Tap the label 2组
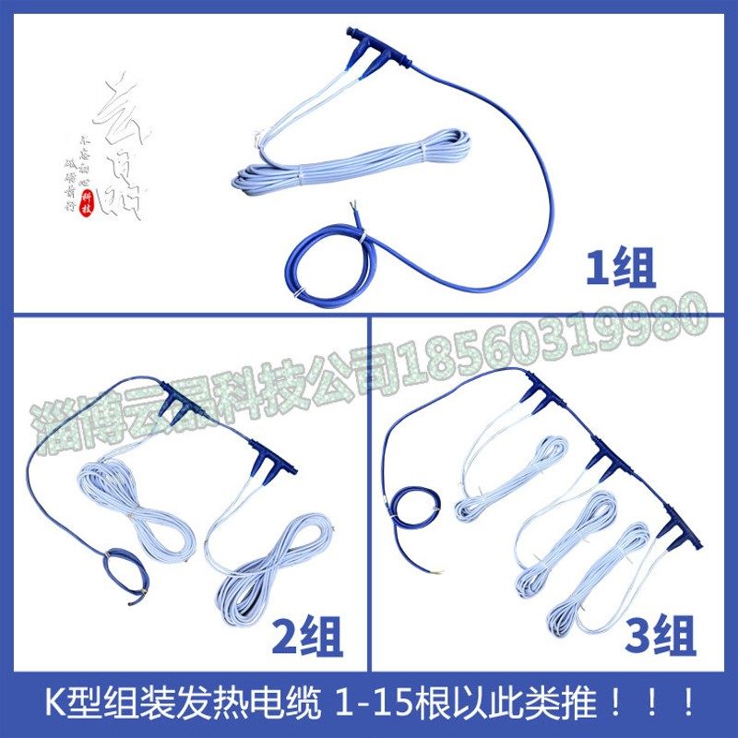[x=308, y=637]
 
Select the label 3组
[x=661, y=637]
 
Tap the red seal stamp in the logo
[x=89, y=201]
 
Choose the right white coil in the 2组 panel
[x=277, y=563]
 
